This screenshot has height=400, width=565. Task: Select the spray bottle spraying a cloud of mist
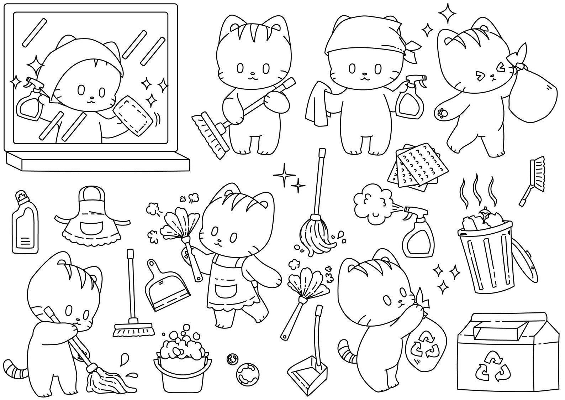tap(418, 233)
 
